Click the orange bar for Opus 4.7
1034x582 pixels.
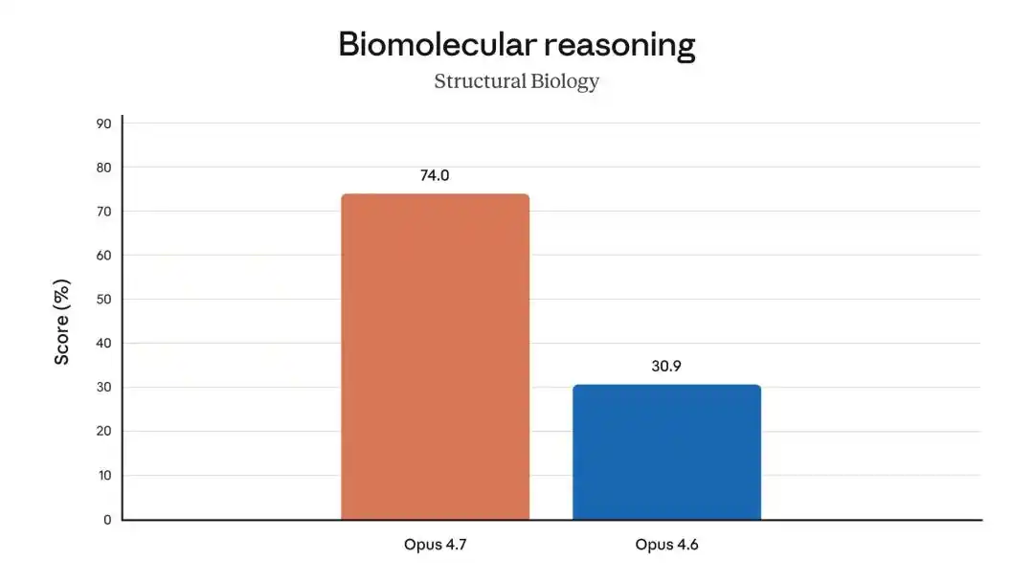(435, 357)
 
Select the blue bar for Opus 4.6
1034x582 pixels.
(666, 452)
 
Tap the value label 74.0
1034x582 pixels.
(435, 176)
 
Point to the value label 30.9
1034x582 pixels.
(666, 366)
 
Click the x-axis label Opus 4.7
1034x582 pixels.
(435, 546)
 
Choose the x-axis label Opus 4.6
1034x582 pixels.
(666, 546)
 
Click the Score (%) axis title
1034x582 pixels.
(62, 322)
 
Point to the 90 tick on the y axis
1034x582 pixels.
(103, 123)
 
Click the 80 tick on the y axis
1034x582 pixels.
(103, 168)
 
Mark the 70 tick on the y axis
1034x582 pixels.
(103, 212)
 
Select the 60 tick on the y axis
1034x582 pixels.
(103, 256)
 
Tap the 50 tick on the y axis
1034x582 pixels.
(103, 300)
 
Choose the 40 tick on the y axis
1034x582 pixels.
(103, 344)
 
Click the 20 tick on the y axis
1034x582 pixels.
(103, 432)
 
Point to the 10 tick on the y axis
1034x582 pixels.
(103, 476)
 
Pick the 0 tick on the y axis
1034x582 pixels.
(107, 520)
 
